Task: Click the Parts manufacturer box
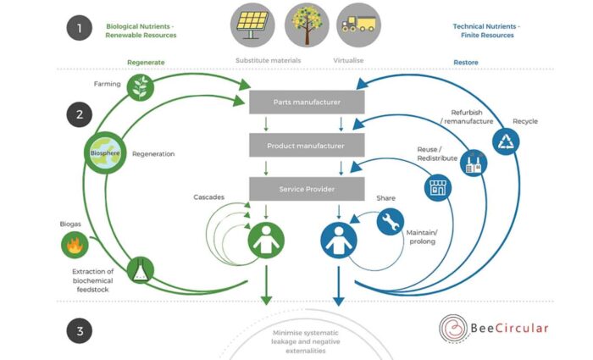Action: [x=307, y=102]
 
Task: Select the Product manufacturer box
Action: [x=307, y=146]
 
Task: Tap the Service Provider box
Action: [x=307, y=188]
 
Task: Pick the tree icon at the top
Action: [x=307, y=25]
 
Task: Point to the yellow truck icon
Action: [x=358, y=25]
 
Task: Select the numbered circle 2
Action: [x=80, y=115]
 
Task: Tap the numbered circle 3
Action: [x=80, y=331]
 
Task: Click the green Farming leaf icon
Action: [x=140, y=86]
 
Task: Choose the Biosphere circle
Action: [x=104, y=153]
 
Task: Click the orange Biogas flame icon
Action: [x=75, y=246]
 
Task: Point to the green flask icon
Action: [x=141, y=270]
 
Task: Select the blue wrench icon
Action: [x=391, y=222]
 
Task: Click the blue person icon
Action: [x=337, y=240]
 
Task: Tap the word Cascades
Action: [x=208, y=197]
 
